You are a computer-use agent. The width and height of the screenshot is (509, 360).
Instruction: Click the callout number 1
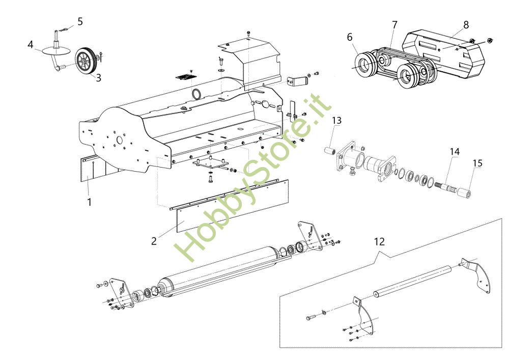point(90,202)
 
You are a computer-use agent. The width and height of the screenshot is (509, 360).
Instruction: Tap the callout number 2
point(154,241)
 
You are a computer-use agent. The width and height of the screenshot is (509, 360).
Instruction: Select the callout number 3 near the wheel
point(98,78)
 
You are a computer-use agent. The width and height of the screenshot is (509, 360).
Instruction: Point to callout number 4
point(31,45)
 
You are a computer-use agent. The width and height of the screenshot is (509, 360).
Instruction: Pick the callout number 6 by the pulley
point(349,37)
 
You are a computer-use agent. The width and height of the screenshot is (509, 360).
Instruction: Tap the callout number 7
point(394,24)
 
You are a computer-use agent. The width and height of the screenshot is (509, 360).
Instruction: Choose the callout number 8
point(466,24)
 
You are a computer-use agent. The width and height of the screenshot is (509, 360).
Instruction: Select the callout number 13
point(337,120)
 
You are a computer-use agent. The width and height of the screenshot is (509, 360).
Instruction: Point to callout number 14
point(454,151)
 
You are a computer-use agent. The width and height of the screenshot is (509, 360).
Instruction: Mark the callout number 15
point(477,163)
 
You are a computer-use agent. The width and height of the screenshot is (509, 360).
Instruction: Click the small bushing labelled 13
point(329,151)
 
